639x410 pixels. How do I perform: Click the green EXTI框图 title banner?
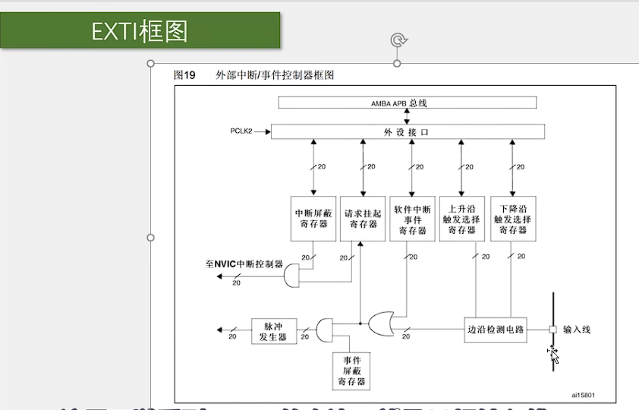pos(140,30)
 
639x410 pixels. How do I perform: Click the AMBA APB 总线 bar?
pos(408,102)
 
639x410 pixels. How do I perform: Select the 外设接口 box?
pos(408,132)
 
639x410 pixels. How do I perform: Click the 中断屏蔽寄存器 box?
pos(313,219)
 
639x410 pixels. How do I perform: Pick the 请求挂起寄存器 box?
pos(363,219)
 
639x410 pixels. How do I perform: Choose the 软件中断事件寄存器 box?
pos(412,219)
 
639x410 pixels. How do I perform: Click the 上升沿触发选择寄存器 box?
pos(462,219)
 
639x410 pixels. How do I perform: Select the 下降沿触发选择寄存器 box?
pos(513,219)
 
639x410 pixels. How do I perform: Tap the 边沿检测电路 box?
pos(495,330)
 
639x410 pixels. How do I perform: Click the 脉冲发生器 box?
pos(274,330)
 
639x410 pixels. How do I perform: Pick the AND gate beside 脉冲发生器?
pos(324,330)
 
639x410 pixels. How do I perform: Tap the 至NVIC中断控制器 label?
pos(244,264)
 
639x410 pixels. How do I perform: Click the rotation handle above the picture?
pos(397,39)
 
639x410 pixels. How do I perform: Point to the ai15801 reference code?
pos(583,394)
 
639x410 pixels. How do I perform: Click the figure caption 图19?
pos(184,75)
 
